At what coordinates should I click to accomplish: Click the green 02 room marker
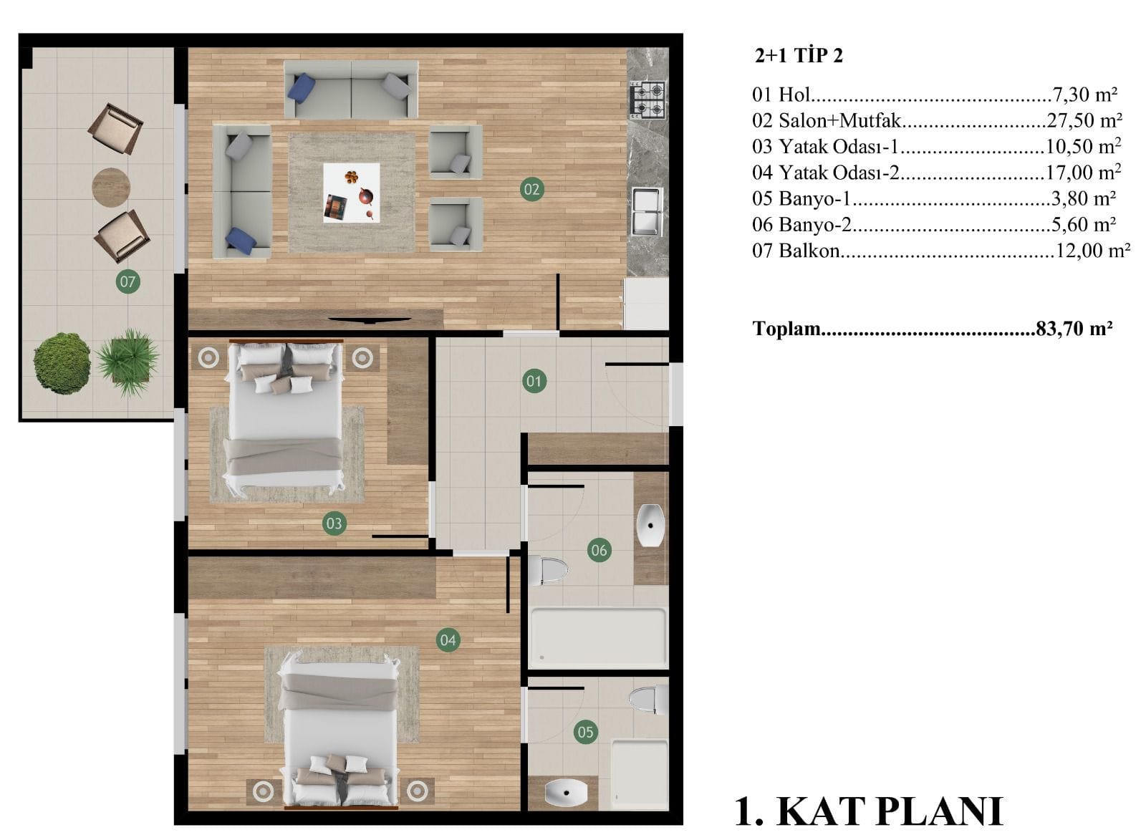coord(531,189)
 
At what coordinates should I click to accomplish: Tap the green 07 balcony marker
coord(128,281)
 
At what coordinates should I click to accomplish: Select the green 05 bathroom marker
coord(585,732)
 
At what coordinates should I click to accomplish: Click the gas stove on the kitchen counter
coord(647,99)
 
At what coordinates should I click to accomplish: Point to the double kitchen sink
coord(647,211)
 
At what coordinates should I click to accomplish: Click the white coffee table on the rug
coord(352,193)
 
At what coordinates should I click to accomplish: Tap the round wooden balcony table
coord(111,187)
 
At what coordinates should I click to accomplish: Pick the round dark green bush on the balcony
coord(62,363)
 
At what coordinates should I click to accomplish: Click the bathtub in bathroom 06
coord(598,638)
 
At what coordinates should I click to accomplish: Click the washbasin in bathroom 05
coord(566,793)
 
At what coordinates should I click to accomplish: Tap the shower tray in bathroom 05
coord(640,775)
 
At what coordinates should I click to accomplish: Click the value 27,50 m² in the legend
coord(1084,121)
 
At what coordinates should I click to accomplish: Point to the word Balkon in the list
coord(809,251)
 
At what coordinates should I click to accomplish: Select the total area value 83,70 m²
coord(1074,329)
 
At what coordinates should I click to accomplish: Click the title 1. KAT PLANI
coord(868,811)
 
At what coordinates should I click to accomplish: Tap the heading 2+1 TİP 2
coord(799,55)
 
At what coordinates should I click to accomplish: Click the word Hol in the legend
coord(794,95)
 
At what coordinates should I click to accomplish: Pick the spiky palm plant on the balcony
coord(128,362)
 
